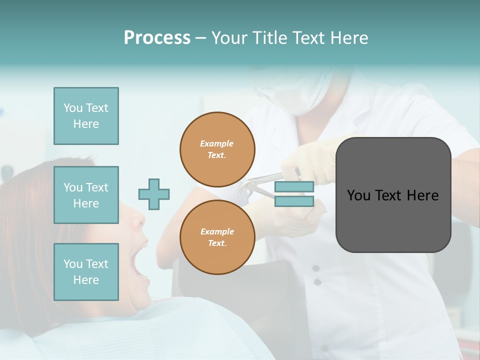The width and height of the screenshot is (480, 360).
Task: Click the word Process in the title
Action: tap(157, 37)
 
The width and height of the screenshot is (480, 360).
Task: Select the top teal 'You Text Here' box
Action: tap(86, 116)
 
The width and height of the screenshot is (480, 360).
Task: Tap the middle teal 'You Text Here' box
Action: tap(86, 195)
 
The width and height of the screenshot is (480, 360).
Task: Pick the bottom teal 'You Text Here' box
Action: tap(86, 271)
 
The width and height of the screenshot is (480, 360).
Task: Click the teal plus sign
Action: tap(154, 194)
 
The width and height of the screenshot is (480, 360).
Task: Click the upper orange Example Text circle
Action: tap(217, 149)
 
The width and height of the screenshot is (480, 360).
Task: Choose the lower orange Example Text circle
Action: tap(217, 237)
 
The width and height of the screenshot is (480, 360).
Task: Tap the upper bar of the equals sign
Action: tap(294, 187)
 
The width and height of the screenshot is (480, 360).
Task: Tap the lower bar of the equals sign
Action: tap(294, 201)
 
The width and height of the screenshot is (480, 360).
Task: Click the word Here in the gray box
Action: tap(423, 195)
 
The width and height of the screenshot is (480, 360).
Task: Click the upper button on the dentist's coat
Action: tap(316, 268)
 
